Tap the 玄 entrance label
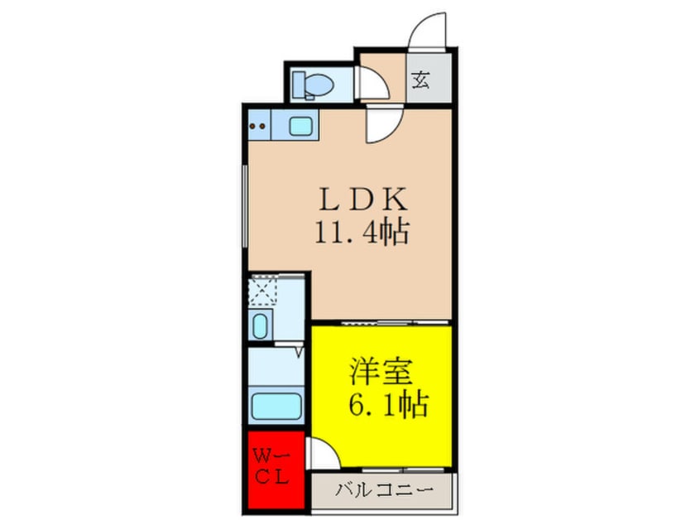(x=421, y=81)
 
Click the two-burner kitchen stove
(x=258, y=128)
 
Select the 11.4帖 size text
(x=362, y=234)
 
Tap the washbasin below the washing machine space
(x=261, y=325)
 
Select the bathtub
(x=277, y=406)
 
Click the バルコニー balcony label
(x=383, y=491)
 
